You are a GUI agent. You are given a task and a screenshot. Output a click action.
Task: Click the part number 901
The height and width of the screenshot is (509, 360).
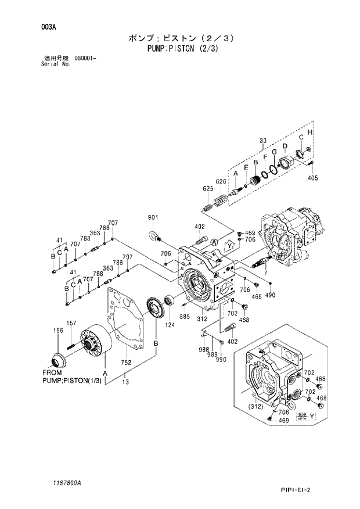(x=153, y=217)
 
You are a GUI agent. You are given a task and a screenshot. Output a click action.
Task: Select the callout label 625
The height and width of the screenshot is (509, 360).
(x=207, y=188)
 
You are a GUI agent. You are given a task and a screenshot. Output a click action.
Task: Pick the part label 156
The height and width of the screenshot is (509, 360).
(x=58, y=330)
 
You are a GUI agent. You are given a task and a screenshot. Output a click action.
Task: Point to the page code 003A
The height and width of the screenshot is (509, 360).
(x=49, y=27)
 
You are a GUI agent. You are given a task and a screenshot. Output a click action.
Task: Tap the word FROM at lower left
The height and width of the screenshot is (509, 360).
(x=52, y=372)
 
